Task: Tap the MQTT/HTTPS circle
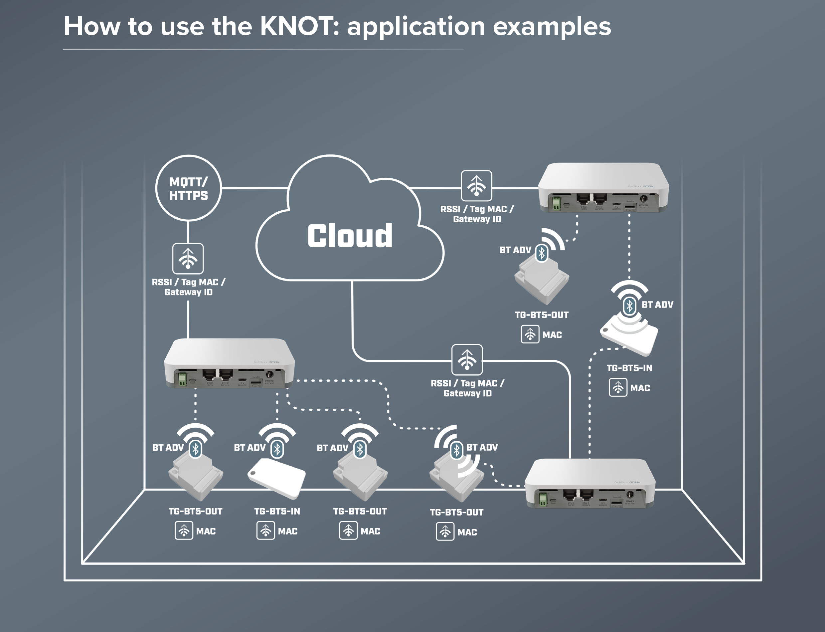[x=188, y=188]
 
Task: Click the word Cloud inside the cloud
[x=350, y=236]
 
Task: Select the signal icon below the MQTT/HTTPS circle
[x=188, y=259]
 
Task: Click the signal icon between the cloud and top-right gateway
[x=476, y=185]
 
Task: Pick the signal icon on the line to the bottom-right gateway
[x=467, y=360]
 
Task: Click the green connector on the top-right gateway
[x=556, y=204]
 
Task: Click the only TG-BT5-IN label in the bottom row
[x=277, y=511]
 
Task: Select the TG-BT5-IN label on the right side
[x=629, y=368]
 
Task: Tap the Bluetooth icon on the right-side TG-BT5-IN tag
[x=629, y=306]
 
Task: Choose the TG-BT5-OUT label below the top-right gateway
[x=542, y=315]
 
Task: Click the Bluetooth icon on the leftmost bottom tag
[x=196, y=449]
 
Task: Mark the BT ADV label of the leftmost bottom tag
[x=168, y=448]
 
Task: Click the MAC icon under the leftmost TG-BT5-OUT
[x=184, y=531]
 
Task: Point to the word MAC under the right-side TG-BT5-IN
[x=640, y=388]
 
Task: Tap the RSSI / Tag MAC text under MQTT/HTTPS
[x=188, y=282]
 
